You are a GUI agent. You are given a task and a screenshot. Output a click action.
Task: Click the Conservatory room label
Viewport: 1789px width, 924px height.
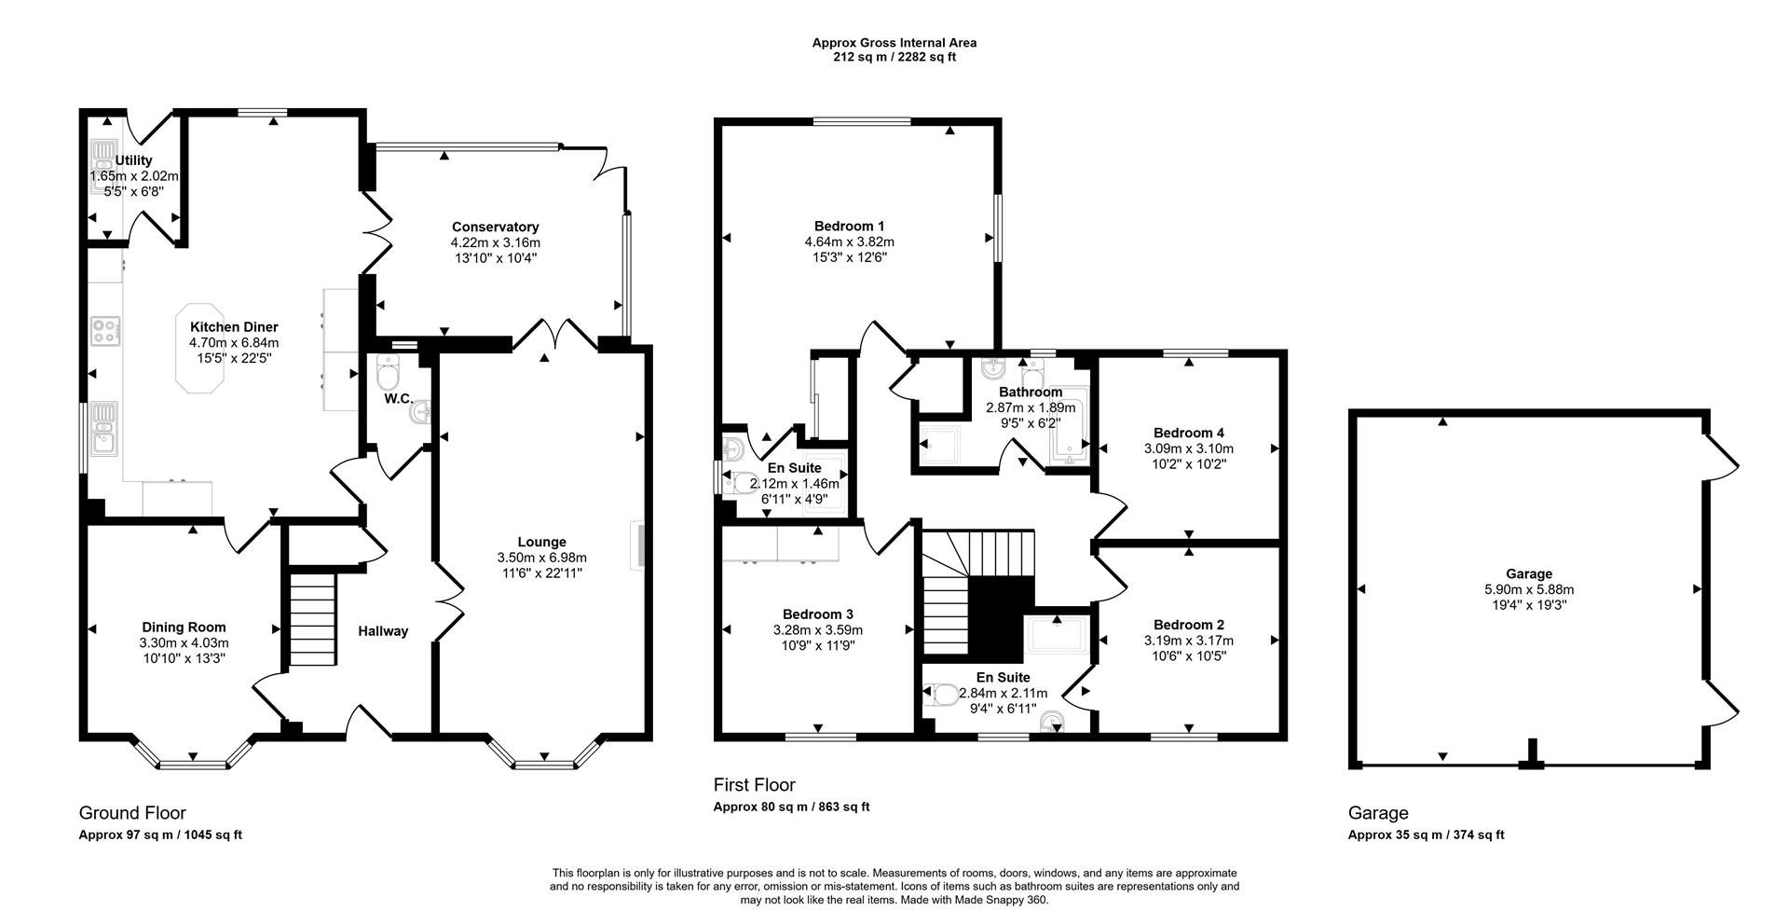495,227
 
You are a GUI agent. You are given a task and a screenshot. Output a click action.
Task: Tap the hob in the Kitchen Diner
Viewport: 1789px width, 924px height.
105,332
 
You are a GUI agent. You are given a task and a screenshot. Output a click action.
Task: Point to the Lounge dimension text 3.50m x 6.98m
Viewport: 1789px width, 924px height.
541,558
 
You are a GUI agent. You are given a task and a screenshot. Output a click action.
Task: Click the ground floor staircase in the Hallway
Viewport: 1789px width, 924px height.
310,619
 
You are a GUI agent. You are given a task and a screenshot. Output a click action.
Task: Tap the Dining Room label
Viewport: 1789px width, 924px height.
184,627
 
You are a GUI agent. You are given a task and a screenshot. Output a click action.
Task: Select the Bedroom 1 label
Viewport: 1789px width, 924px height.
849,226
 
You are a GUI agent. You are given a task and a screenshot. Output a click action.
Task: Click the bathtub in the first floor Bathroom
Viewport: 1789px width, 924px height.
1066,426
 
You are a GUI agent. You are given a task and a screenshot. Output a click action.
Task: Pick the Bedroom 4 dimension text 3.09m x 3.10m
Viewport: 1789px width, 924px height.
1188,448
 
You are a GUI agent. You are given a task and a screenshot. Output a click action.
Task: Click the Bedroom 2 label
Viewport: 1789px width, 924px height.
1188,625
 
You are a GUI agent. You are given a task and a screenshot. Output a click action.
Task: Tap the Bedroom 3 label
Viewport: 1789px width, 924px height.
817,614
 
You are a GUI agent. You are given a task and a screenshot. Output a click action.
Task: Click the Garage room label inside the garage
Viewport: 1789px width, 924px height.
1528,574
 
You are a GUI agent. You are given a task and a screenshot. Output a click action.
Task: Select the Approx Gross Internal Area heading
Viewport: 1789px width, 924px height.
894,42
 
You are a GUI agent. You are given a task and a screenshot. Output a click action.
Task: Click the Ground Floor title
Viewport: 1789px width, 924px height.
132,813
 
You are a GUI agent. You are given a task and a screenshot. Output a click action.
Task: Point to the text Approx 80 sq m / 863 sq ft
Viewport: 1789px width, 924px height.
791,807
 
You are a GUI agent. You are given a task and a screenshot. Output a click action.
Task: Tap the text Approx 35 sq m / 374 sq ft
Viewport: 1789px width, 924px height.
1426,835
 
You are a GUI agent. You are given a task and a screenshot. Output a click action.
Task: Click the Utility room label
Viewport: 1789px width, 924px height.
133,160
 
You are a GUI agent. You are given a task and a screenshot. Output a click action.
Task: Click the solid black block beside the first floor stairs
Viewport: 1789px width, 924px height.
1002,616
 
